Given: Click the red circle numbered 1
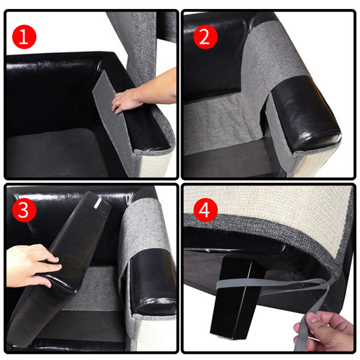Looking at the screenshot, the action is click(24, 37).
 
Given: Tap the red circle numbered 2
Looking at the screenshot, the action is click(205, 37).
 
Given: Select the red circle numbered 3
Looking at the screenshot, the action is click(24, 210).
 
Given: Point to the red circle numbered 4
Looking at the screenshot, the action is click(205, 210).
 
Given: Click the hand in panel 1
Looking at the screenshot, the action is click(128, 99).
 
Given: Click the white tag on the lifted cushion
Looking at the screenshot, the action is click(98, 203).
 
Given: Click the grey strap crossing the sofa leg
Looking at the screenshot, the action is click(271, 284).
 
